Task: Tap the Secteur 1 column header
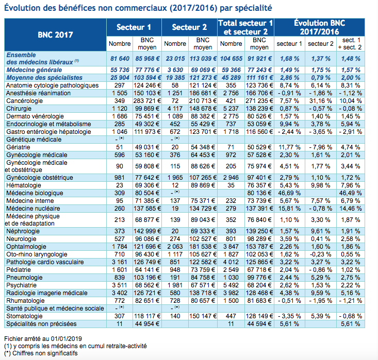coord(134,27)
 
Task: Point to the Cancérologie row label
coord(25,101)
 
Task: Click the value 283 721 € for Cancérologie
coord(147,101)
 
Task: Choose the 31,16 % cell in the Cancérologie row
coord(320,101)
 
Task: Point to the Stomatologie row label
coord(25,316)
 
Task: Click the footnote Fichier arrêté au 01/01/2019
coord(43,338)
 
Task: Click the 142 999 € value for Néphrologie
coord(147,231)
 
